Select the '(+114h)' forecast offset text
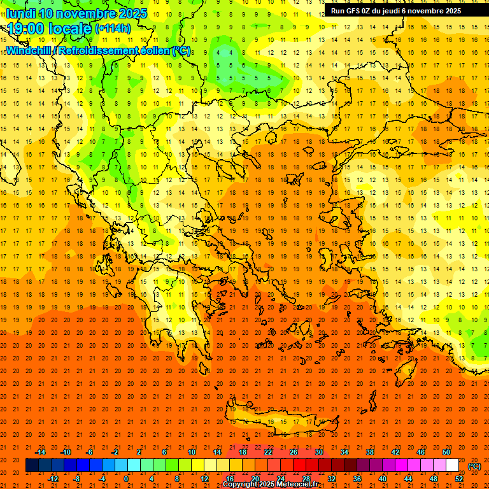coord(113,29)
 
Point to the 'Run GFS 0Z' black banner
coord(396,11)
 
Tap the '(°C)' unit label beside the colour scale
coord(474,466)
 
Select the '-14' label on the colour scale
coord(40,452)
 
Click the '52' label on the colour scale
coord(459,479)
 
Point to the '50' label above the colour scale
coord(446,452)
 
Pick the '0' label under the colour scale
coord(126,479)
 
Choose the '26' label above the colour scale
coord(293,452)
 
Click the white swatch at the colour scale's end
coord(453,465)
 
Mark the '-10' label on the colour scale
coord(65,452)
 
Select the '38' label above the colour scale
coord(369,452)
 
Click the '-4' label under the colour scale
coord(101,479)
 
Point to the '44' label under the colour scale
coord(408,479)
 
